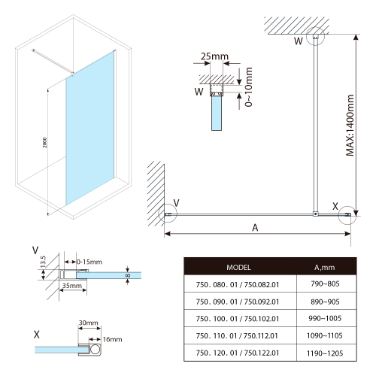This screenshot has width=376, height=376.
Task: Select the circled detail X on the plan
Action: click(347, 217)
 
